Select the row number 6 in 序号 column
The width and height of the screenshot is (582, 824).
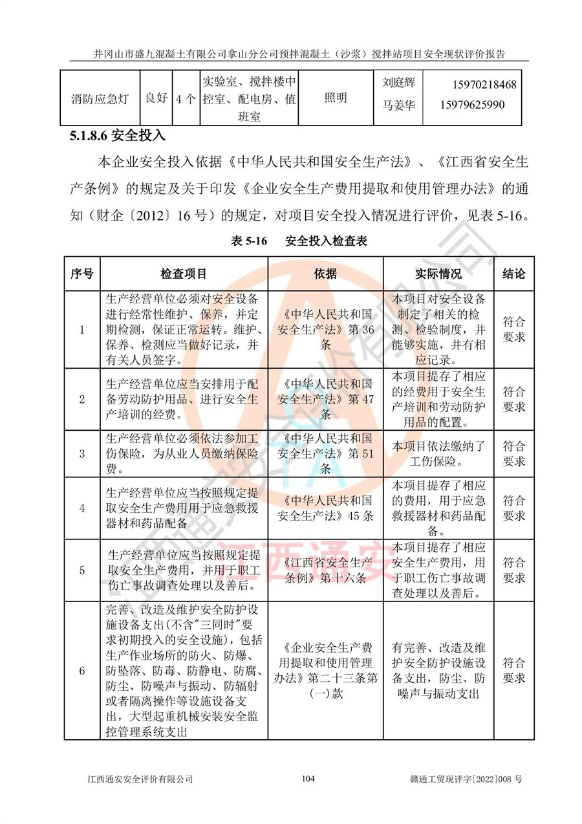(x=82, y=671)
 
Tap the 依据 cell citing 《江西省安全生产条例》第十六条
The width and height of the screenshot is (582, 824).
(x=325, y=570)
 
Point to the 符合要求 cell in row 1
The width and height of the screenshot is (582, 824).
(x=513, y=329)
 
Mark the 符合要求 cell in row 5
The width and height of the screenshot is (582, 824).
(x=513, y=570)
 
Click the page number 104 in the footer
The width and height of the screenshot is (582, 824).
(x=308, y=779)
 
